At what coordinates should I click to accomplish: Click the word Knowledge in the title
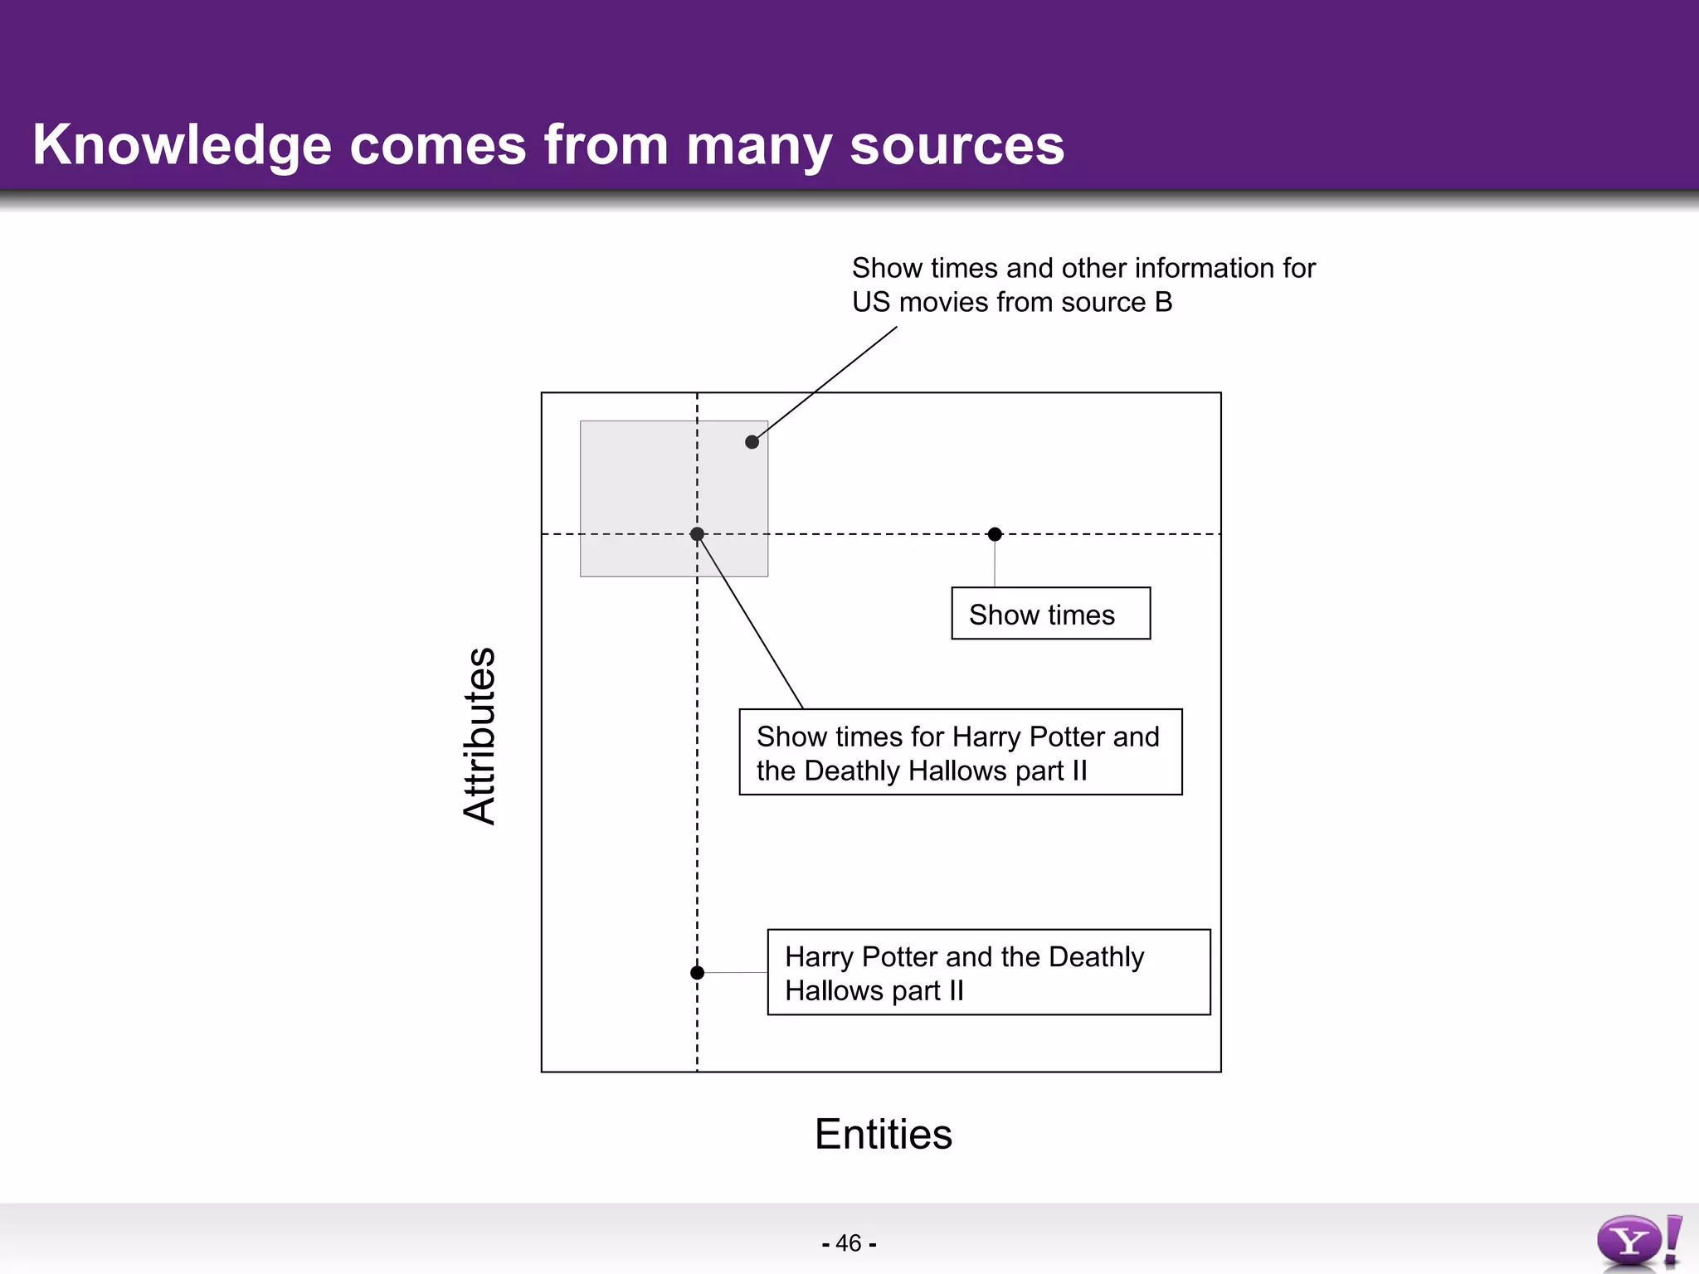pyautogui.click(x=182, y=146)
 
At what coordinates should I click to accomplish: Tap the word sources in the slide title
pyautogui.click(x=957, y=146)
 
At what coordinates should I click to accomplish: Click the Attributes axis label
pyautogui.click(x=480, y=736)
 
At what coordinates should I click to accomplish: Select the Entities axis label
pyautogui.click(x=884, y=1134)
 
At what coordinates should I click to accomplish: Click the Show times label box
pyautogui.click(x=1050, y=614)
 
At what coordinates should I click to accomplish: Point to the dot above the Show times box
pyautogui.click(x=995, y=534)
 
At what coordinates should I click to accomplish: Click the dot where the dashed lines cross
pyautogui.click(x=697, y=534)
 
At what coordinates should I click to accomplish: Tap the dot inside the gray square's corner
pyautogui.click(x=752, y=442)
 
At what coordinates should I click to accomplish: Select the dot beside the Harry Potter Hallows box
pyautogui.click(x=697, y=972)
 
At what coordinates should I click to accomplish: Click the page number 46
pyautogui.click(x=849, y=1243)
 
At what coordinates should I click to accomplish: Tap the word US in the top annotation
pyautogui.click(x=871, y=303)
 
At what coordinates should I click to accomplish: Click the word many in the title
pyautogui.click(x=758, y=146)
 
